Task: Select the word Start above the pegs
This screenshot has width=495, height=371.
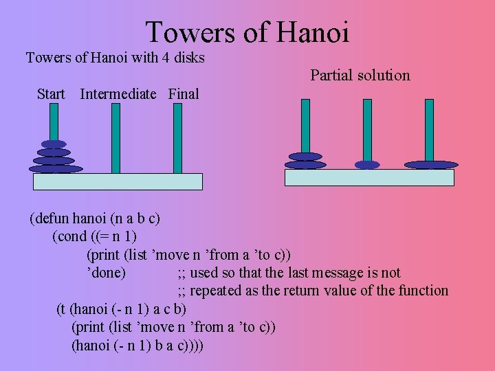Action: point(51,94)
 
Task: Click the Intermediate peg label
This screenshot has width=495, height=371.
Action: point(118,94)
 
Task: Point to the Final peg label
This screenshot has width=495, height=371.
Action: point(184,94)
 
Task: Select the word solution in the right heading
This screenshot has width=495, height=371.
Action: point(383,76)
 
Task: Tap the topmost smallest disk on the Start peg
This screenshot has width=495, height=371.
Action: point(54,144)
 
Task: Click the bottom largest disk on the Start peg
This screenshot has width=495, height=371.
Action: point(56,168)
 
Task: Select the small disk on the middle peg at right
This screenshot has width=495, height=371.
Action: point(367,165)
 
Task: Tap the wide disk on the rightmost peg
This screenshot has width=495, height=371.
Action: point(431,165)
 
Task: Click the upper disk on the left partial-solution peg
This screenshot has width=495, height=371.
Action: point(305,156)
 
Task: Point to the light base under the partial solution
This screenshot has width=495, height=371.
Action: point(369,177)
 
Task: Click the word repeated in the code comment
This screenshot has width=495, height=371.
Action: point(213,291)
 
